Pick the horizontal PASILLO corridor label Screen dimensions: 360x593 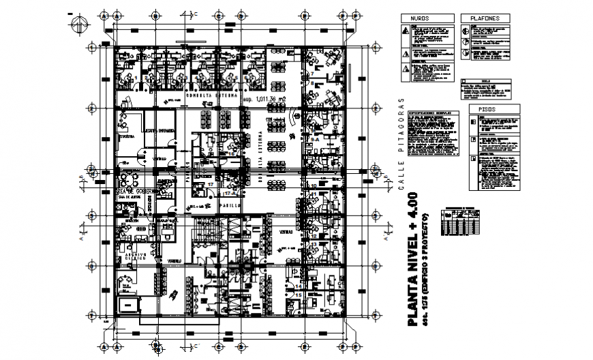coord(228,205)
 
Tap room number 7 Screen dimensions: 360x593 coord(312,73)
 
